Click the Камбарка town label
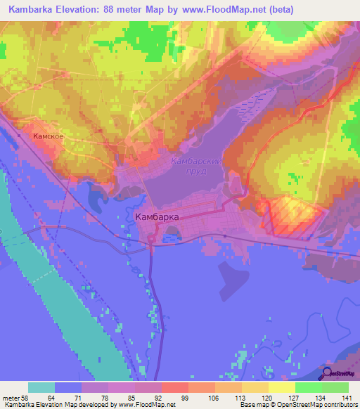[156, 217]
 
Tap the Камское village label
[49, 136]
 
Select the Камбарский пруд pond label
[198, 166]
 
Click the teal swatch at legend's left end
[41, 387]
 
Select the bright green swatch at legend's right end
[335, 387]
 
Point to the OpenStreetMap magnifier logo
[328, 374]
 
